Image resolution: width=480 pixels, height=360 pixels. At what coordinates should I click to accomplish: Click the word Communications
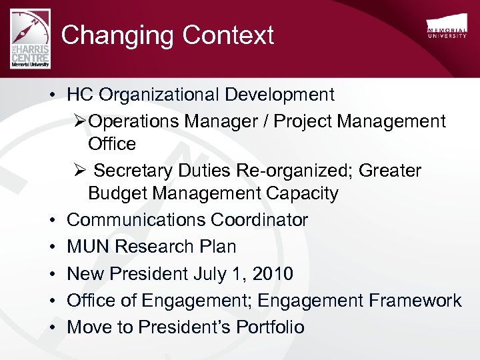click(137, 220)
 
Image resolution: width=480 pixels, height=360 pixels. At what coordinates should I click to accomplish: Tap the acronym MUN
click(89, 247)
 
